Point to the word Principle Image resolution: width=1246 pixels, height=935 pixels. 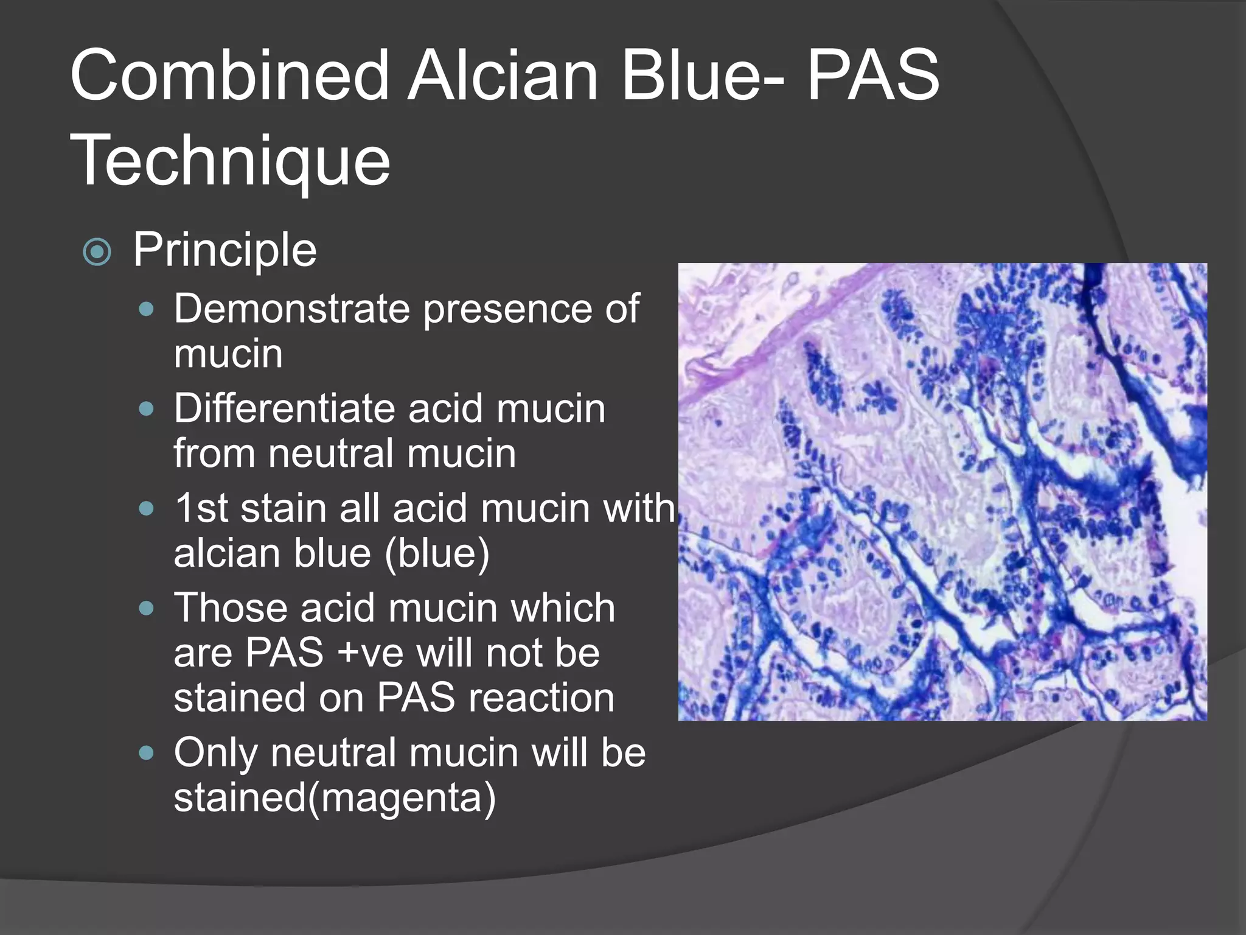[x=224, y=250]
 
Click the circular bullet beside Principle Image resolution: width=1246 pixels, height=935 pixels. [x=97, y=252]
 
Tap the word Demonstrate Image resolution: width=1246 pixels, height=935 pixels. [x=292, y=309]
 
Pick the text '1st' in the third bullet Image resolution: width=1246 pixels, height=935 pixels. [x=201, y=508]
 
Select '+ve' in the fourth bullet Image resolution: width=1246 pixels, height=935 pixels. [x=371, y=653]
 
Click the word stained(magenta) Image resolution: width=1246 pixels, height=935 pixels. [x=335, y=798]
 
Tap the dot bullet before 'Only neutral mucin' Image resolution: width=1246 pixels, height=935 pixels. [x=146, y=754]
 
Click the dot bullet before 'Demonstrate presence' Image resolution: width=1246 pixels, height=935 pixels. [x=146, y=310]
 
